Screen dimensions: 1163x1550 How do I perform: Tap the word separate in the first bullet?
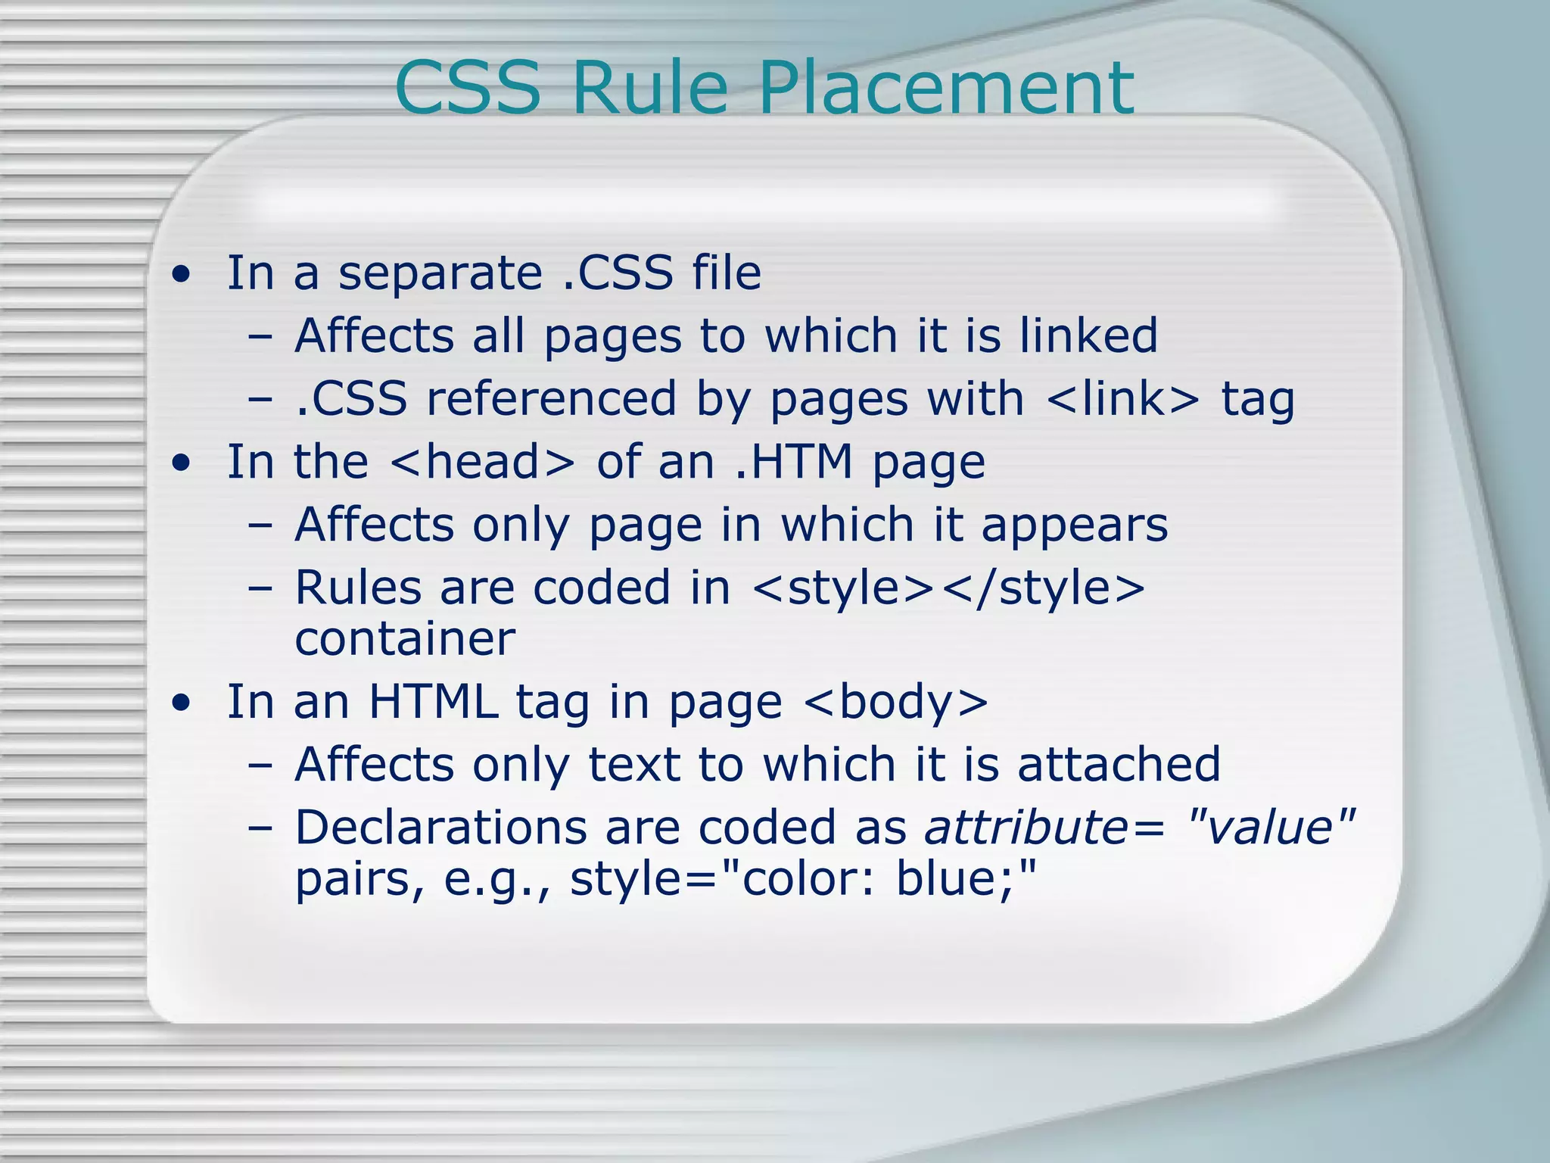tap(440, 274)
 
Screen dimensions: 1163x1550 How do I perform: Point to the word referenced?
tap(551, 399)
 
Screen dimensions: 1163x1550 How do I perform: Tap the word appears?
tap(1075, 527)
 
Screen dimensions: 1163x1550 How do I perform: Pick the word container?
tap(405, 639)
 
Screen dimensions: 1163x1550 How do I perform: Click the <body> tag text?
tap(895, 703)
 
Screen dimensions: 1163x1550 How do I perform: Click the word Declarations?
tap(440, 828)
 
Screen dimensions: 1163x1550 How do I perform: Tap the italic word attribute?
tap(1026, 828)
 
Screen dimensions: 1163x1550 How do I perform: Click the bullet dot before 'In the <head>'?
tap(180, 463)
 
